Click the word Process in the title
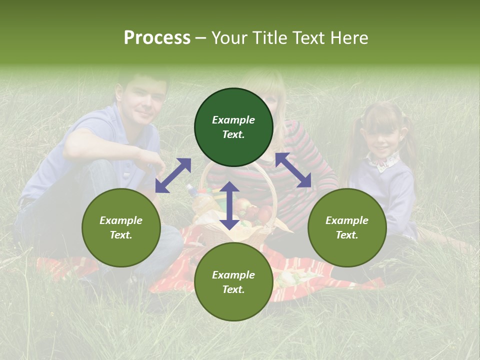[157, 38]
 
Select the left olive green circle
[121, 227]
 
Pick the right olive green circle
[347, 227]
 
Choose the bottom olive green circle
[233, 282]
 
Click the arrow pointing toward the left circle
[173, 175]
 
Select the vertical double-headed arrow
[229, 205]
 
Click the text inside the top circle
[233, 127]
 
